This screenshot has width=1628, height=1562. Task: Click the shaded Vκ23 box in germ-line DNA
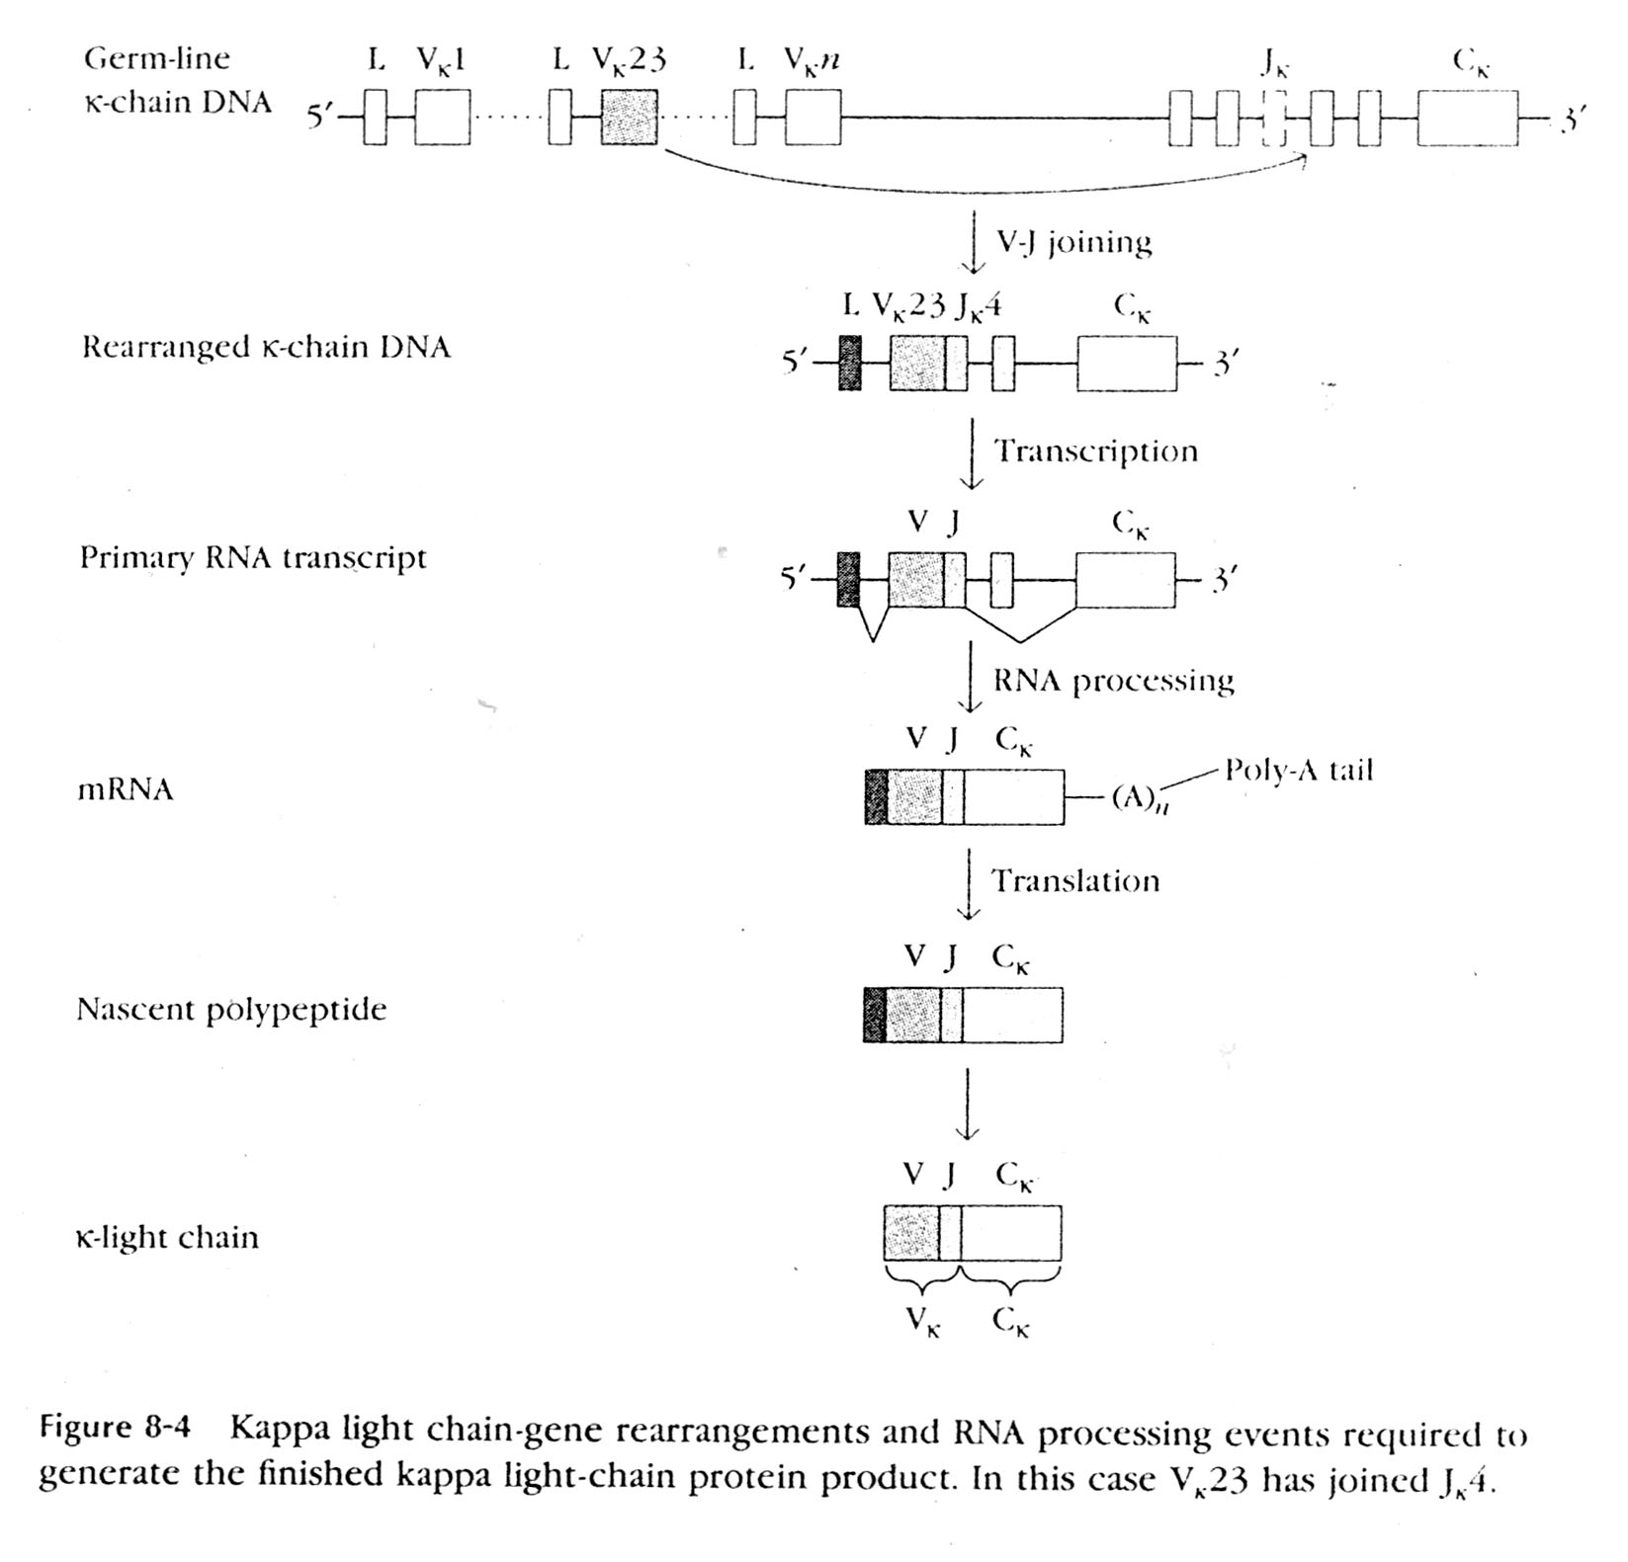[629, 118]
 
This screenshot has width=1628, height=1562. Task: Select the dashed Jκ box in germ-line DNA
[1275, 118]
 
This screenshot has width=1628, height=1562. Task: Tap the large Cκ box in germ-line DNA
[1467, 118]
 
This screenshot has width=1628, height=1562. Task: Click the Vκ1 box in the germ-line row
[442, 118]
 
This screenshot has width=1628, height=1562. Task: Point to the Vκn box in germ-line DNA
[813, 118]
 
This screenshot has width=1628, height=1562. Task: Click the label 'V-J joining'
[1073, 242]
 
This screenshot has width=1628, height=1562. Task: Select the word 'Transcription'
[1095, 452]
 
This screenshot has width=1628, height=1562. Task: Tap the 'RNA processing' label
[1113, 680]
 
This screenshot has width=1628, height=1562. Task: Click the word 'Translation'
[1075, 880]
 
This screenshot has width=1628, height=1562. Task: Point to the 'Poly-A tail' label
[1299, 771]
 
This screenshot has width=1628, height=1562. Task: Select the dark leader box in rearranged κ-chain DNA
[849, 363]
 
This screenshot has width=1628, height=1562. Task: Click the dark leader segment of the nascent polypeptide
[874, 1015]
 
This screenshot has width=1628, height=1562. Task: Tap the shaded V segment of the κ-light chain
[911, 1233]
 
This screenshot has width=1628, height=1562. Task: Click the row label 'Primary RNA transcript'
[253, 558]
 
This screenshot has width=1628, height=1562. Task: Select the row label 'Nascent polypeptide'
[231, 1010]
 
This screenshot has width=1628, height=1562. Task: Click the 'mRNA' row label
[126, 790]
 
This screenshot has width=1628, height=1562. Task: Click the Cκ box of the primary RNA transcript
[1125, 580]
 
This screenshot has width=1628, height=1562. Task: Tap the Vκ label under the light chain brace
[923, 1321]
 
